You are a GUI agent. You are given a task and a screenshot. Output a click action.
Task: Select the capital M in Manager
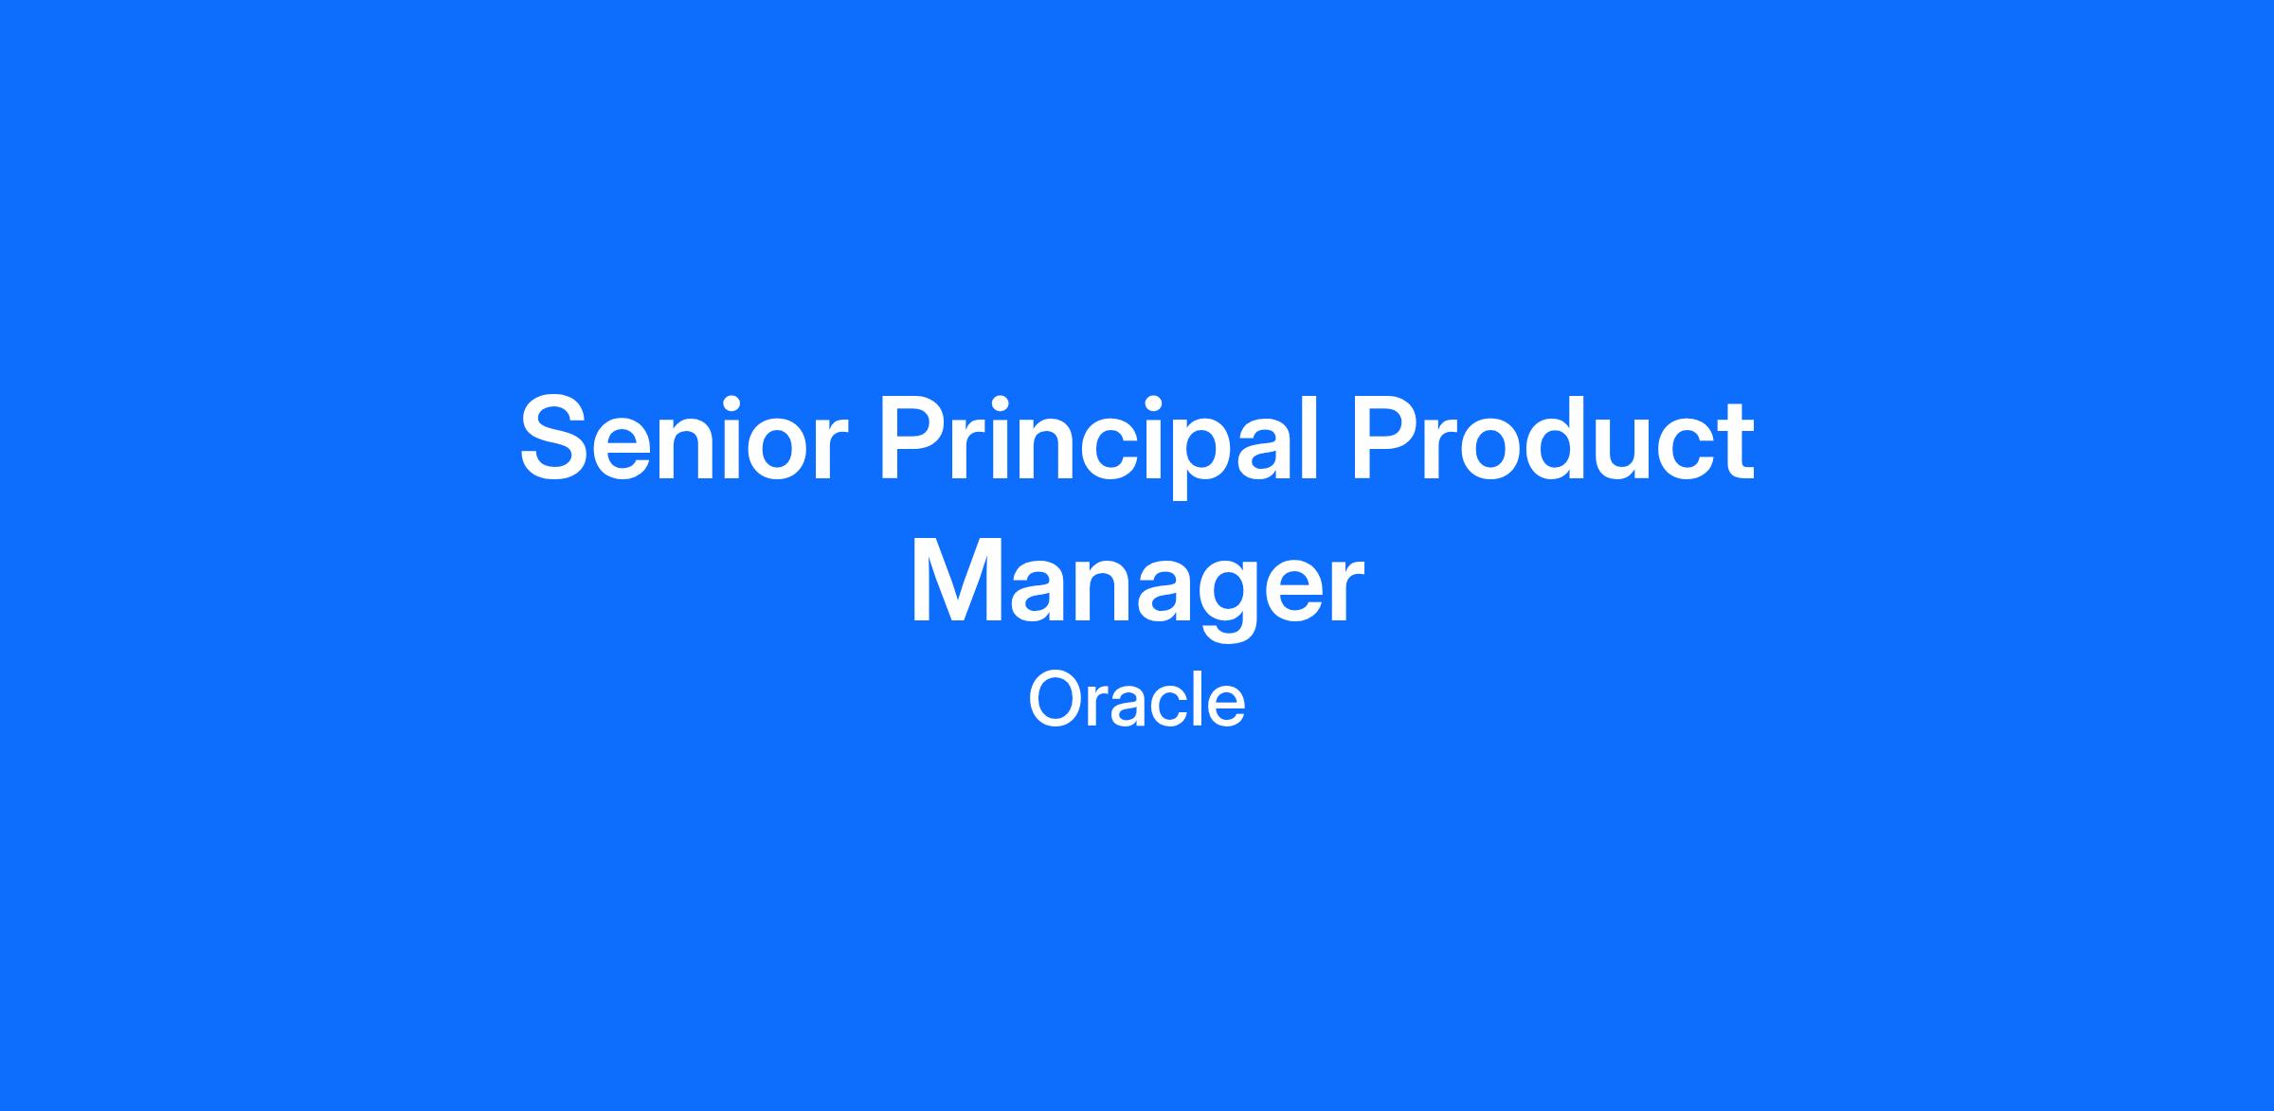coord(956,582)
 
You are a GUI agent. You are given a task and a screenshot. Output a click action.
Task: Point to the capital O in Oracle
coord(1056,701)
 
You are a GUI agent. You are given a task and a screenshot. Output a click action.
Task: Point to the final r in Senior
coord(817,450)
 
